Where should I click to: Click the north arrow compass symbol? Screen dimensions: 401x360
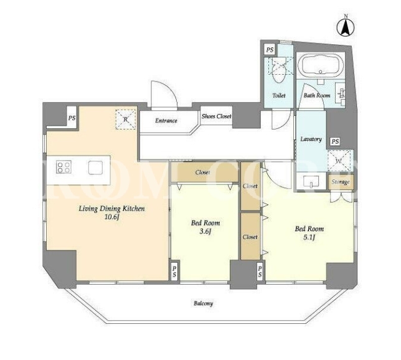coord(346,27)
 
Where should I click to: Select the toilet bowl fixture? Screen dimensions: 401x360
coord(278,70)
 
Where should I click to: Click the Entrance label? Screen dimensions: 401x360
coord(166,120)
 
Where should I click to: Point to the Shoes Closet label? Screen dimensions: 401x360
coord(216,116)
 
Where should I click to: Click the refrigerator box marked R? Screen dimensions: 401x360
coord(126,119)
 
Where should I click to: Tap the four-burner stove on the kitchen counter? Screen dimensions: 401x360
coord(64,167)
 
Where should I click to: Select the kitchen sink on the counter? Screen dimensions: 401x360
coord(96,168)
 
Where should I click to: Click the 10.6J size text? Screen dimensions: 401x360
coord(112,217)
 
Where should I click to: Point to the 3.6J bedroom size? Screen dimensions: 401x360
coord(205,232)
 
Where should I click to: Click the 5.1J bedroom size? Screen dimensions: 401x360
coord(309,237)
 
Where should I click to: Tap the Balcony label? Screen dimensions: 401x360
coord(204,303)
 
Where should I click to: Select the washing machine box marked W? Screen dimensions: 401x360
coord(339,161)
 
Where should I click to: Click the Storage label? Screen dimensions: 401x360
coord(341,182)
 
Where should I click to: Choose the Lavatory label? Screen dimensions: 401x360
coord(311,139)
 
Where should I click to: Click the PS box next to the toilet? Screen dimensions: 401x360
coord(270,49)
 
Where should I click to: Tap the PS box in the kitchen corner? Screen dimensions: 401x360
coord(72,118)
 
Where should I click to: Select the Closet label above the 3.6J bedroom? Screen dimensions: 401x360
coord(202,173)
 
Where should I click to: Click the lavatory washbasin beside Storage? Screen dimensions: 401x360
coord(311,182)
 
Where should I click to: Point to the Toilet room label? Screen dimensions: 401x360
coord(279,95)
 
